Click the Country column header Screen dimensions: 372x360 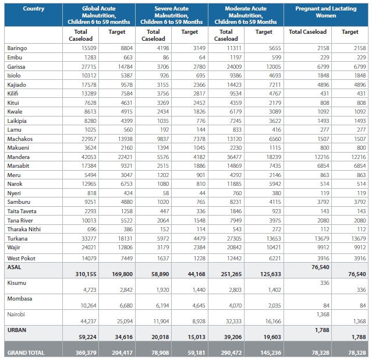click(x=33, y=9)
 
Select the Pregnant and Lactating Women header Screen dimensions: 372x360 click(x=326, y=12)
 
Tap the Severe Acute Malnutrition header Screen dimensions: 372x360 click(x=171, y=15)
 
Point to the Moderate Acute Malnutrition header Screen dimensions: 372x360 click(x=246, y=15)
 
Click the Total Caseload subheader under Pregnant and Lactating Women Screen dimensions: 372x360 click(x=307, y=32)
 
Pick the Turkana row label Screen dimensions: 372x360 click(x=17, y=238)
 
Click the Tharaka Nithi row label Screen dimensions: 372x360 click(x=24, y=229)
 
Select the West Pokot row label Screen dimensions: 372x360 click(x=22, y=259)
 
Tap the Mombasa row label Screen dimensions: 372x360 click(x=20, y=298)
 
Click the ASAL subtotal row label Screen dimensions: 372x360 click(x=14, y=267)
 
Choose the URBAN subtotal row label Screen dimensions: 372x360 click(x=17, y=330)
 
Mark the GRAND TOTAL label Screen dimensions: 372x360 click(x=26, y=352)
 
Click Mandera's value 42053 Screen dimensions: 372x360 click(x=89, y=157)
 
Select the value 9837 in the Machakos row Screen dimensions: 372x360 click(x=163, y=139)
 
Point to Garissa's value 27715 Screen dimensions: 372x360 click(x=89, y=67)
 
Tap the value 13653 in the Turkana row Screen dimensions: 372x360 click(x=274, y=238)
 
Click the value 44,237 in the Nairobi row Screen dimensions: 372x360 click(x=88, y=322)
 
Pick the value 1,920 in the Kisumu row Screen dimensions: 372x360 click(x=163, y=290)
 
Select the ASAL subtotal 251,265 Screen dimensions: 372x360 click(x=231, y=274)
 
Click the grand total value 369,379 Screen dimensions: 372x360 click(x=86, y=352)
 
